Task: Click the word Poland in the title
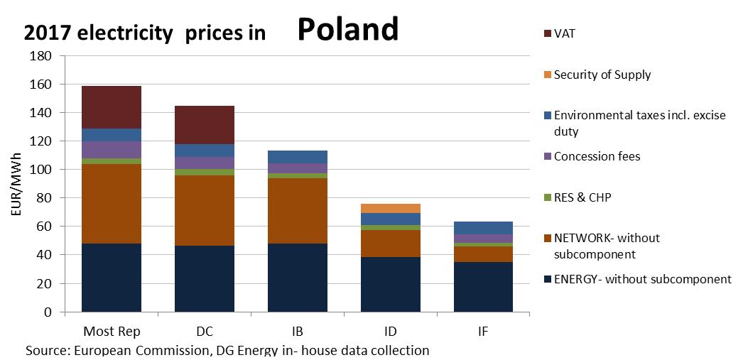click(x=347, y=29)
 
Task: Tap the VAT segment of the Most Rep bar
click(x=112, y=107)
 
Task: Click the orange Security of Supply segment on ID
click(x=390, y=208)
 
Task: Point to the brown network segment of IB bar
click(x=298, y=211)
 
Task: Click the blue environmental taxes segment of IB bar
click(x=298, y=157)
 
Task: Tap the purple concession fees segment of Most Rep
click(x=112, y=150)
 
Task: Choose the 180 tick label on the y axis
click(x=42, y=56)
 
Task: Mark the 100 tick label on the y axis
click(x=42, y=170)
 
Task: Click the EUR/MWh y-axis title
click(x=16, y=185)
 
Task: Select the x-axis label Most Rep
click(x=112, y=332)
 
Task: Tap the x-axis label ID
click(x=390, y=332)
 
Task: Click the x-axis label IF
click(x=483, y=332)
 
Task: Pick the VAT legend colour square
click(x=547, y=33)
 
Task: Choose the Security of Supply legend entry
click(x=602, y=75)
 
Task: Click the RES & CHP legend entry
click(x=582, y=197)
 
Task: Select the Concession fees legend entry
click(x=597, y=156)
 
